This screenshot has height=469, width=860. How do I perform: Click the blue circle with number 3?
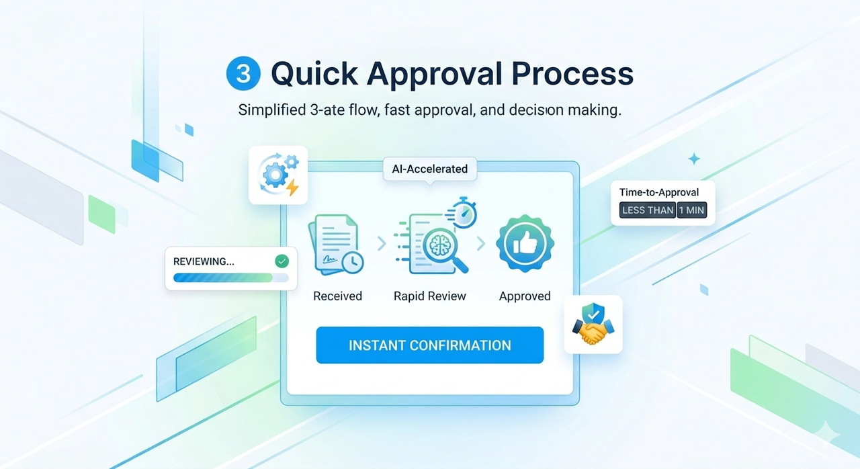(243, 74)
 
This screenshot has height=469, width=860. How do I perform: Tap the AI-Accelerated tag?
(429, 169)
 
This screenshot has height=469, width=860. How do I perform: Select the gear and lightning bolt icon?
(277, 175)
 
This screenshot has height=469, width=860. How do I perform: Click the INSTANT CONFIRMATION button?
(429, 345)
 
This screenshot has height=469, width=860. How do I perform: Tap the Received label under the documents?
(337, 296)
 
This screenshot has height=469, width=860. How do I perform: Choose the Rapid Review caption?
(429, 296)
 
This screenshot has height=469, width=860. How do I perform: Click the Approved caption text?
(524, 296)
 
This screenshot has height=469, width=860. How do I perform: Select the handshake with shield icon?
(593, 325)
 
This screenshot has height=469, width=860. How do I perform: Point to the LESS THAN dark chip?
(648, 210)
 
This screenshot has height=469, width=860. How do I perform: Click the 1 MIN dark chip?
(691, 210)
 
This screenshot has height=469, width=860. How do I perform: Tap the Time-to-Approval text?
(658, 192)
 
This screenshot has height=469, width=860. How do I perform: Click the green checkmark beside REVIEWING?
(282, 261)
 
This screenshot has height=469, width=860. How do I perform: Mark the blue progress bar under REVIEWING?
(222, 277)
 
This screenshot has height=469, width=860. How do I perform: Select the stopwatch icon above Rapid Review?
(463, 214)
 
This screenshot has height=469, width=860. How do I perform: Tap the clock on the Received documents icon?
(351, 261)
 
